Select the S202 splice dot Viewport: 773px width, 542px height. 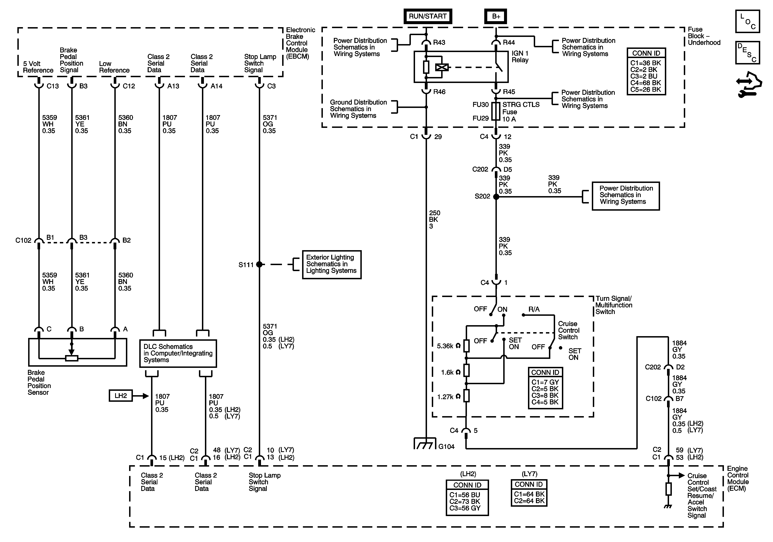496,197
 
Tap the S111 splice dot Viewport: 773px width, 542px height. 259,265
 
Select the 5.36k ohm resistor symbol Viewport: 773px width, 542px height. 466,346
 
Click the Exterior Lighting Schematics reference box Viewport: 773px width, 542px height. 332,265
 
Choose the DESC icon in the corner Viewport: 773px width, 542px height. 747,52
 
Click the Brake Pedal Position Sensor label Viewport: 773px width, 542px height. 39,382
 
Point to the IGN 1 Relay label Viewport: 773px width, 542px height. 520,57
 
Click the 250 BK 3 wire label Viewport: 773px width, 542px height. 434,219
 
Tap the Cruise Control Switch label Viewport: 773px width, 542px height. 569,330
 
